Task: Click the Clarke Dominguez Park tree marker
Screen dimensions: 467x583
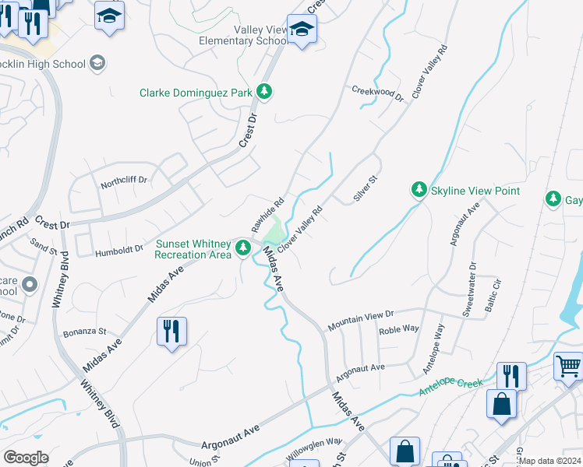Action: tap(265, 93)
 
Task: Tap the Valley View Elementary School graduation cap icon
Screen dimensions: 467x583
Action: tap(301, 30)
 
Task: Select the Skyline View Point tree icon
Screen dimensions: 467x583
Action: tap(419, 190)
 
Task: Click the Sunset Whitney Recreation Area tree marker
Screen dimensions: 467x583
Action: tap(243, 248)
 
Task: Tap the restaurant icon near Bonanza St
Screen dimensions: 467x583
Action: tap(171, 331)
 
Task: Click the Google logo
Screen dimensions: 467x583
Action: tap(26, 458)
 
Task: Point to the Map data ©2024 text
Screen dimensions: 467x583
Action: tap(550, 461)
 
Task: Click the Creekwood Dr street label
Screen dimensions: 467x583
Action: tap(378, 93)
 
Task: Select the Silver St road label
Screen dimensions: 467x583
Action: tap(365, 189)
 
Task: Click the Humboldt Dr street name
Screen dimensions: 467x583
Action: tap(119, 251)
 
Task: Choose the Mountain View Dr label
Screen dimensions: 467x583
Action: tap(362, 318)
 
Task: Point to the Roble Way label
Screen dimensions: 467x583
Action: tap(399, 332)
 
